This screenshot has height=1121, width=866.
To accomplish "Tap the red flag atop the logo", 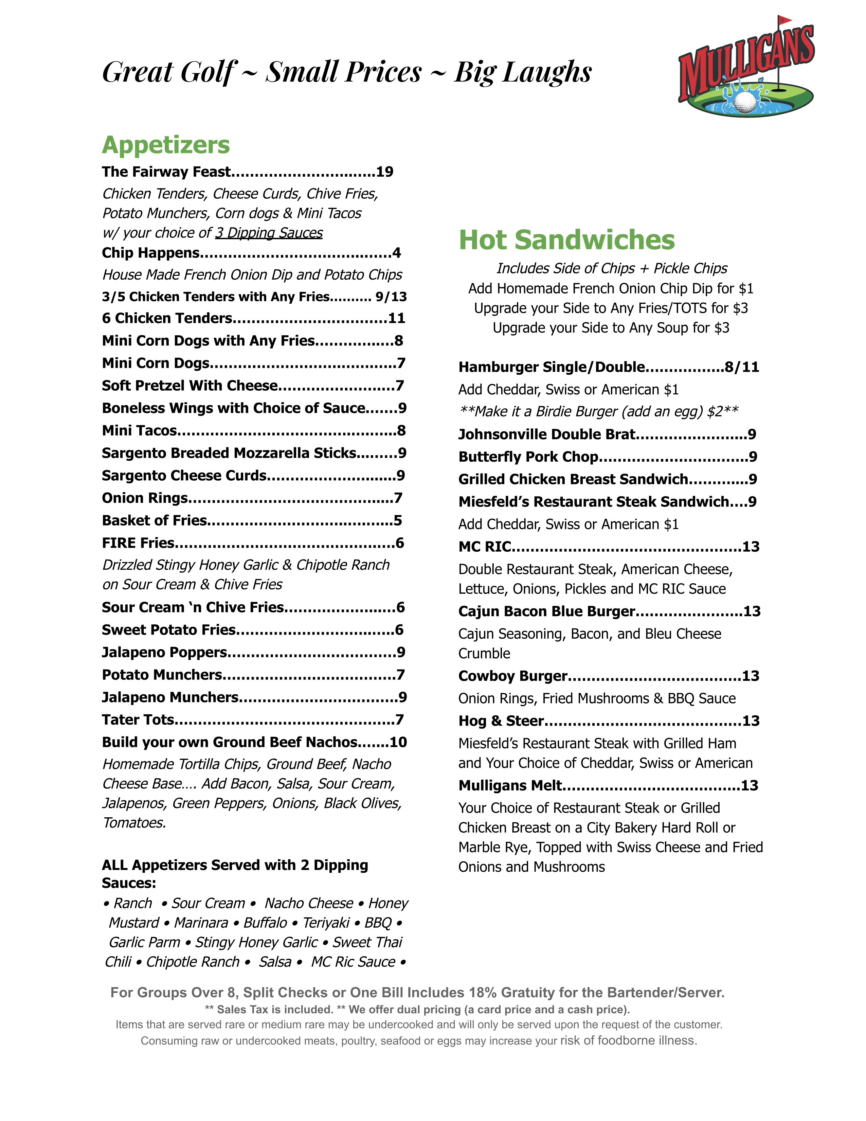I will pos(783,20).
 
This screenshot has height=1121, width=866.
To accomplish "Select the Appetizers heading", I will pos(166,145).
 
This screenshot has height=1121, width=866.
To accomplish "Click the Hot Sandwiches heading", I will pos(566,240).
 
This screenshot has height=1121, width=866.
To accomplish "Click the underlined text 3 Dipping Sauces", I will pos(269,233).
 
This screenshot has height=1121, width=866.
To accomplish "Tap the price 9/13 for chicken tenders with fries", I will pos(391,297).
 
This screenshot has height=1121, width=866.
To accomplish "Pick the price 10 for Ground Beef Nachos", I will pos(398,742).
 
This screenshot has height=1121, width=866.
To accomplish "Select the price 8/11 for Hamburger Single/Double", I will pos(742,367).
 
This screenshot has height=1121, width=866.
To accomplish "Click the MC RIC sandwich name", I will pos(485,547).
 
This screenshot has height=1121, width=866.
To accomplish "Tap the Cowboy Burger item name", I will pos(512,676).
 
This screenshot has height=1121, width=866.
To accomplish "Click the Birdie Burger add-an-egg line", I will pos(599,412).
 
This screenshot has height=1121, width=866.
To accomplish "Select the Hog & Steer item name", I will pos(501,721).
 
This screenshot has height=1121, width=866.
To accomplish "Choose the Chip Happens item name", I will pos(151,253).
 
